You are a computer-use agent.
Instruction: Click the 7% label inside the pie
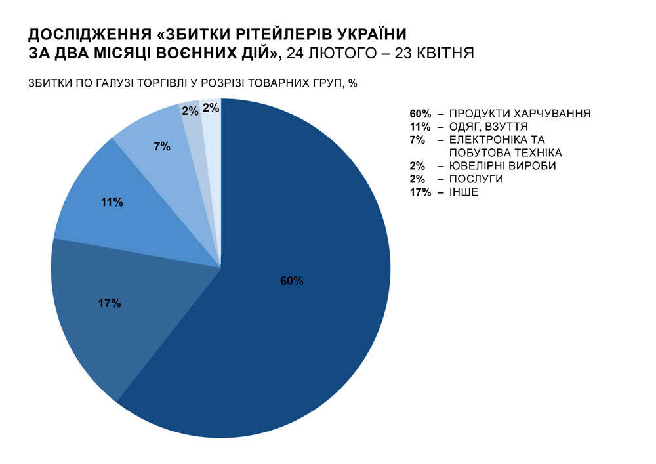tap(161, 147)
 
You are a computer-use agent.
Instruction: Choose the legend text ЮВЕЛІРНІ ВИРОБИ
tap(502, 166)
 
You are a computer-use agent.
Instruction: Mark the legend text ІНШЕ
tap(464, 192)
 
